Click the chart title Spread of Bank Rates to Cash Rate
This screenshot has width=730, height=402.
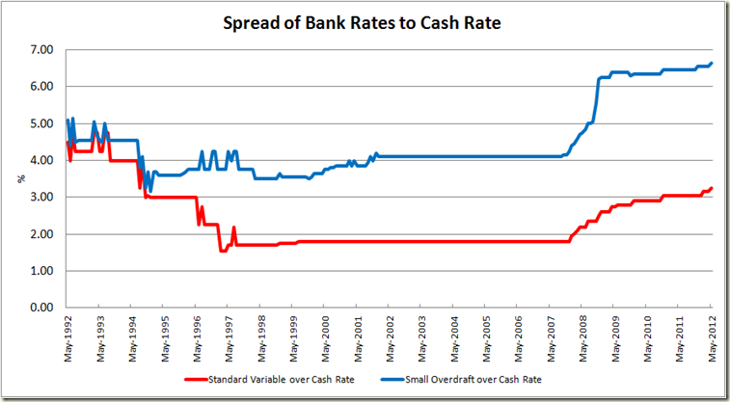pos(365,21)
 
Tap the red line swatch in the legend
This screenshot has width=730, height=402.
pos(226,380)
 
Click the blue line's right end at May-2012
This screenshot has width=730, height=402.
pos(712,64)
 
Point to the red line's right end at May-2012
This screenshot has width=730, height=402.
pos(712,188)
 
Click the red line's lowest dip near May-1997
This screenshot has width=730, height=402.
pos(224,251)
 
